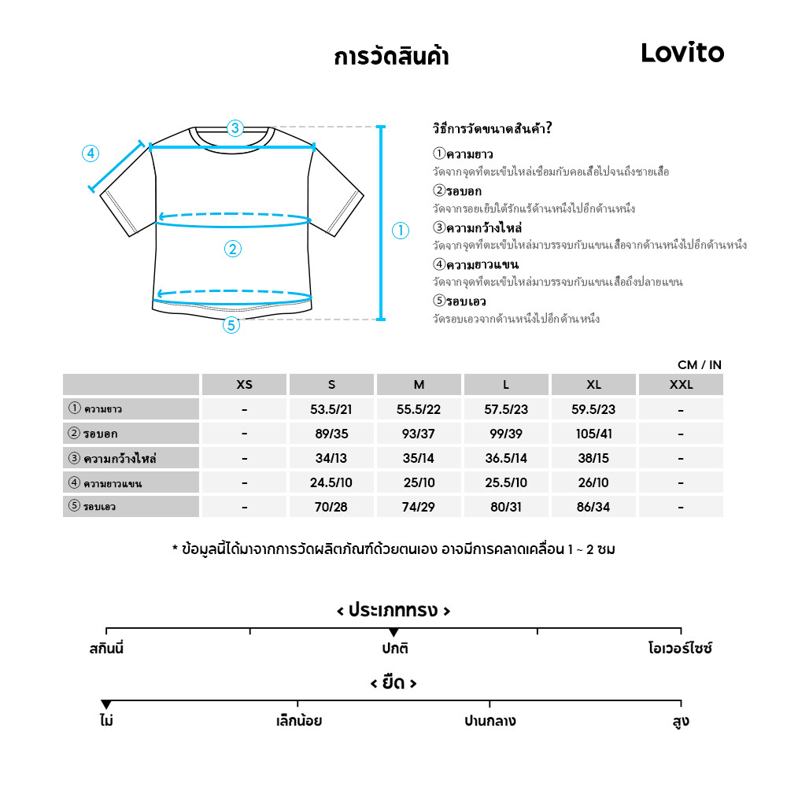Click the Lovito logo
pyautogui.click(x=682, y=53)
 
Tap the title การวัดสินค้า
pyautogui.click(x=391, y=57)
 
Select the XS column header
pyautogui.click(x=245, y=385)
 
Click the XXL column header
pyautogui.click(x=681, y=385)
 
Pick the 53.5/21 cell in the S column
pyautogui.click(x=331, y=409)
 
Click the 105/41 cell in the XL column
pyautogui.click(x=593, y=434)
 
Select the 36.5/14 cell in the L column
pyautogui.click(x=506, y=458)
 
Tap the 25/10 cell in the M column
pyautogui.click(x=419, y=482)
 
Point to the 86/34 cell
pyautogui.click(x=593, y=507)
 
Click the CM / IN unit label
pyautogui.click(x=699, y=365)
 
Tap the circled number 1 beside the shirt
pyautogui.click(x=401, y=231)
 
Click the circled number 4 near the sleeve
pyautogui.click(x=91, y=153)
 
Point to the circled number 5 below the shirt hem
pyautogui.click(x=231, y=324)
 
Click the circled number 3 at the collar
pyautogui.click(x=235, y=128)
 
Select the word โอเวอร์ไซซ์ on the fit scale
pyautogui.click(x=680, y=650)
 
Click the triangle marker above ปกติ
pyautogui.click(x=393, y=633)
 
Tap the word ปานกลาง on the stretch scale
pyautogui.click(x=490, y=721)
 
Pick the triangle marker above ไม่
pyautogui.click(x=106, y=704)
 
